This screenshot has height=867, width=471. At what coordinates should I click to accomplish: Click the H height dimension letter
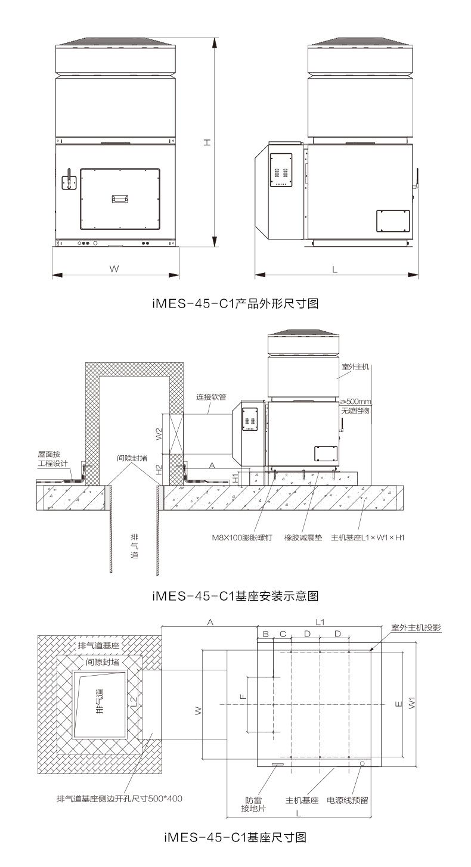pyautogui.click(x=207, y=142)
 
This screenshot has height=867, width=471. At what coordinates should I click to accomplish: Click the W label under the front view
pyautogui.click(x=114, y=269)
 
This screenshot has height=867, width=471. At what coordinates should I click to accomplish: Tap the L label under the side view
pyautogui.click(x=334, y=269)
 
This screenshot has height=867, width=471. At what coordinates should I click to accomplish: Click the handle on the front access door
pyautogui.click(x=120, y=199)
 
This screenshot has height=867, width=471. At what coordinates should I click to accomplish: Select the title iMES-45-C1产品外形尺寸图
pyautogui.click(x=235, y=303)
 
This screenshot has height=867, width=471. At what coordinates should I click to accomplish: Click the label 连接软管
pyautogui.click(x=211, y=397)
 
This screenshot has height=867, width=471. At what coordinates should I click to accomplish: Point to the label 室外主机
pyautogui.click(x=355, y=366)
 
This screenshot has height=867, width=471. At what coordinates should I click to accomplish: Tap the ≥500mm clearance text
pyautogui.click(x=355, y=402)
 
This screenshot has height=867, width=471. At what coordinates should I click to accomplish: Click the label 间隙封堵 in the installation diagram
pyautogui.click(x=132, y=458)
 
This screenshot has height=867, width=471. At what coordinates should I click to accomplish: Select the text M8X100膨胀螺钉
pyautogui.click(x=242, y=537)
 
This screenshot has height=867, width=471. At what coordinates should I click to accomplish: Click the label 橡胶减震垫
pyautogui.click(x=303, y=537)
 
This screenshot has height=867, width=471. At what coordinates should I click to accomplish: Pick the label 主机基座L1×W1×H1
pyautogui.click(x=368, y=537)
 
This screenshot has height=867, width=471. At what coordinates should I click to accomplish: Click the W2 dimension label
pyautogui.click(x=159, y=434)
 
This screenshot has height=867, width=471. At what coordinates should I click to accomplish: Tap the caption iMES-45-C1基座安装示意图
pyautogui.click(x=235, y=596)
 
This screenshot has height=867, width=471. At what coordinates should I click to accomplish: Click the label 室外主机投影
pyautogui.click(x=416, y=627)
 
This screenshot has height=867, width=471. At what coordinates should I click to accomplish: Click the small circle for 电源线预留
pyautogui.click(x=362, y=764)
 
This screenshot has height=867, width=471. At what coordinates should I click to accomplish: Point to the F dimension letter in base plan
pyautogui.click(x=243, y=697)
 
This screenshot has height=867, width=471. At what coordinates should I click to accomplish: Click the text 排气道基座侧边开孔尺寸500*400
pyautogui.click(x=119, y=798)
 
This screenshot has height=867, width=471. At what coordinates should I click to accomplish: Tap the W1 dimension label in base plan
pyautogui.click(x=412, y=703)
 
